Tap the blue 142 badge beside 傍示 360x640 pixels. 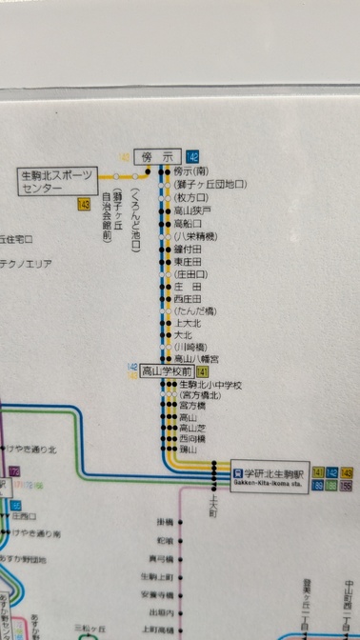(x=194, y=156)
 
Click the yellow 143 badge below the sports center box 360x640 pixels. (x=84, y=204)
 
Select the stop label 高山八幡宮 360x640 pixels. (x=196, y=359)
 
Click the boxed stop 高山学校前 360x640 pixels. (x=167, y=372)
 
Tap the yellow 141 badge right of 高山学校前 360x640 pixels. (x=203, y=372)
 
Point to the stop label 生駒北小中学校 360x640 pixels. (x=210, y=385)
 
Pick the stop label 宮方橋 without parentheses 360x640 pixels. (x=191, y=407)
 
